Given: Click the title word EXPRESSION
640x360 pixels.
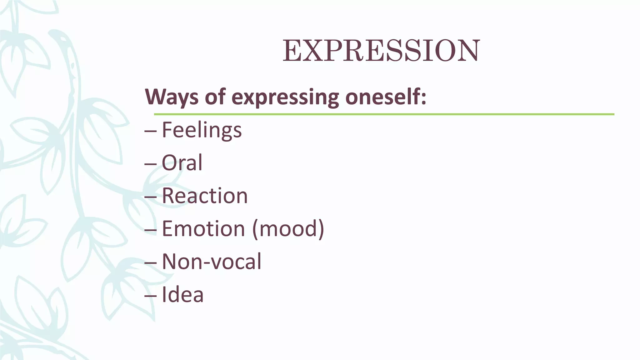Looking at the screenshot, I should pos(381,51).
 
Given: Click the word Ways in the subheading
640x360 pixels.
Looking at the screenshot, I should pos(172,97).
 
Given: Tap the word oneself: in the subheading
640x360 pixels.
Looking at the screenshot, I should pos(385,97).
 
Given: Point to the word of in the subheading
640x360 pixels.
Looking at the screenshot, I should pos(215,97).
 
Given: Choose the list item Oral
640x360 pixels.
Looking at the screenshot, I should pos(182,163).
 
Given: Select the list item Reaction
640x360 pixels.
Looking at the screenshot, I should pos(205,196).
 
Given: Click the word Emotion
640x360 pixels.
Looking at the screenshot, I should pos(203,229).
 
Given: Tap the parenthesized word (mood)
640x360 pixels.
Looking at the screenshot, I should pos(288,229).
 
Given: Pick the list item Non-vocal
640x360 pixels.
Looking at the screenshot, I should pos(212,262).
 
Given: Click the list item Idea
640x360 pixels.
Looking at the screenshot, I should pos(182,294).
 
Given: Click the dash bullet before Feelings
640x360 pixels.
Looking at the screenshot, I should pos(151,132).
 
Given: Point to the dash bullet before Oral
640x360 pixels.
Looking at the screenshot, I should pos(151,164).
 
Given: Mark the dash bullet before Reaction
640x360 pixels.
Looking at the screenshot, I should pos(151,197).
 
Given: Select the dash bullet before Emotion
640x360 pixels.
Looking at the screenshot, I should pos(151,230).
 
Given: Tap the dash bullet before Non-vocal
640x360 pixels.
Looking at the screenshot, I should pos(151,263).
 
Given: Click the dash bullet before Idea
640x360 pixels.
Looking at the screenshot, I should pos(151,296).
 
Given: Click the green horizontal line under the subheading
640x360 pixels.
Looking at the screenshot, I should pos(384,114).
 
